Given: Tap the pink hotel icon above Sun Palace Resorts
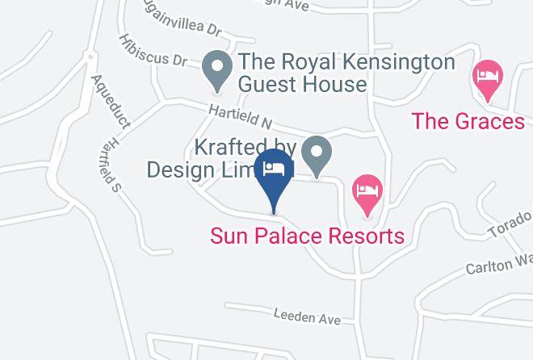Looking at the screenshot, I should tap(368, 192).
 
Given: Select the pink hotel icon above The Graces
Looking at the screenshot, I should tap(488, 78).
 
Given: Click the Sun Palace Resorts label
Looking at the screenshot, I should tap(307, 237).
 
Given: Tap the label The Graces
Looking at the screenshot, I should tap(468, 122).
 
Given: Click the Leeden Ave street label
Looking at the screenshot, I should tap(307, 316).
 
